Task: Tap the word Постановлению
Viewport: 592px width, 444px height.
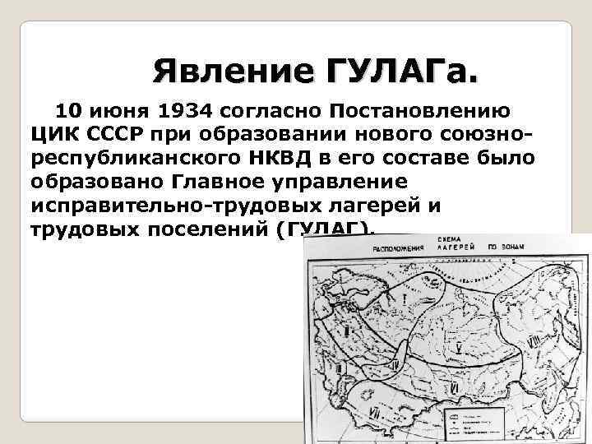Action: [x=419, y=110]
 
